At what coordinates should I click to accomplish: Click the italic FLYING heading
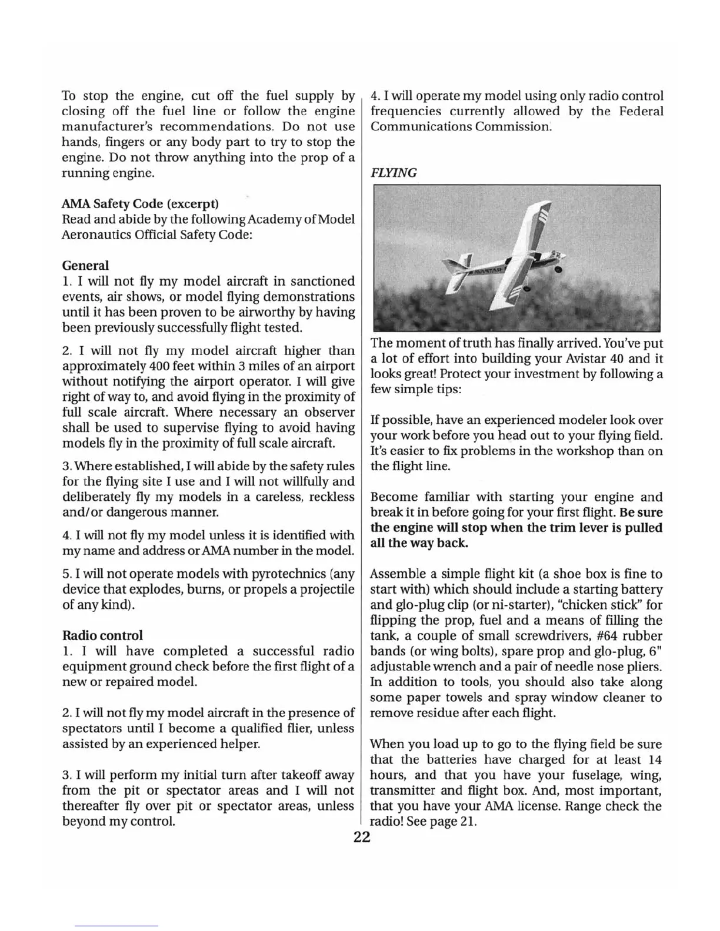(x=393, y=173)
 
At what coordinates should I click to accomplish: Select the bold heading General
(x=85, y=266)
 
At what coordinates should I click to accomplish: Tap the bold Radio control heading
(x=102, y=635)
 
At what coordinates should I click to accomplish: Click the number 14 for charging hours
(x=654, y=759)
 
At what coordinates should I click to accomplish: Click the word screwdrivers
(x=552, y=636)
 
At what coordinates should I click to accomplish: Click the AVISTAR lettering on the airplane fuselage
(x=488, y=272)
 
